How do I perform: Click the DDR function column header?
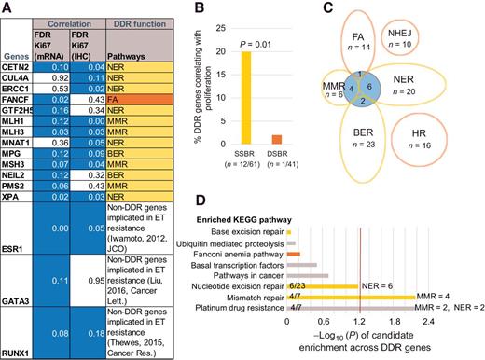tap(138, 16)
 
